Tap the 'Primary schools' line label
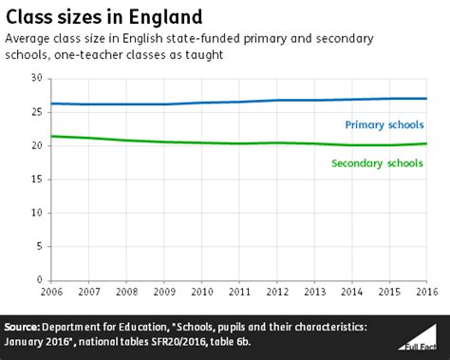coord(385,123)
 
